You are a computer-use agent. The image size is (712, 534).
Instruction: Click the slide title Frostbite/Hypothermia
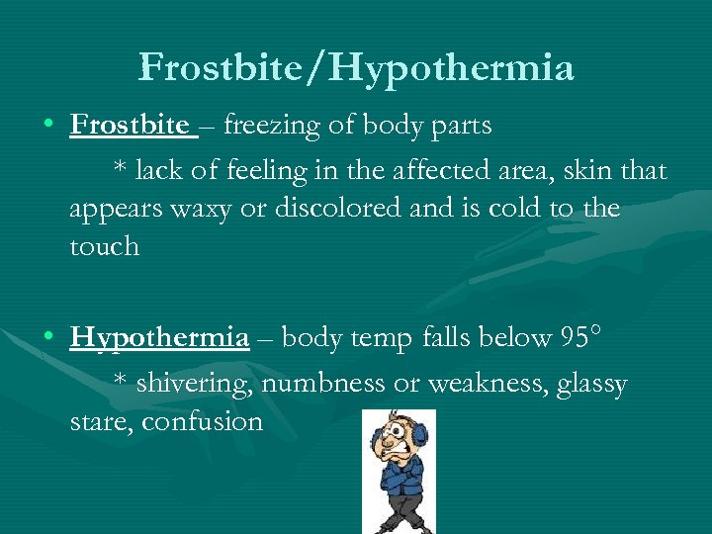pyautogui.click(x=356, y=68)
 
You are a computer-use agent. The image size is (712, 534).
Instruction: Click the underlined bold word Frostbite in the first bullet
pyautogui.click(x=129, y=126)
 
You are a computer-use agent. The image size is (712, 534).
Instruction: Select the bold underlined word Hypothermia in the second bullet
pyautogui.click(x=159, y=338)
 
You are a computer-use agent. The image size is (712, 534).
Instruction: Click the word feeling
pyautogui.click(x=268, y=171)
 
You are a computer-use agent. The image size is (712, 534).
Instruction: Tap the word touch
pyautogui.click(x=104, y=246)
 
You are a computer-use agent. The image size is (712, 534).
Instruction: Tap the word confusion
pyautogui.click(x=202, y=422)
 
